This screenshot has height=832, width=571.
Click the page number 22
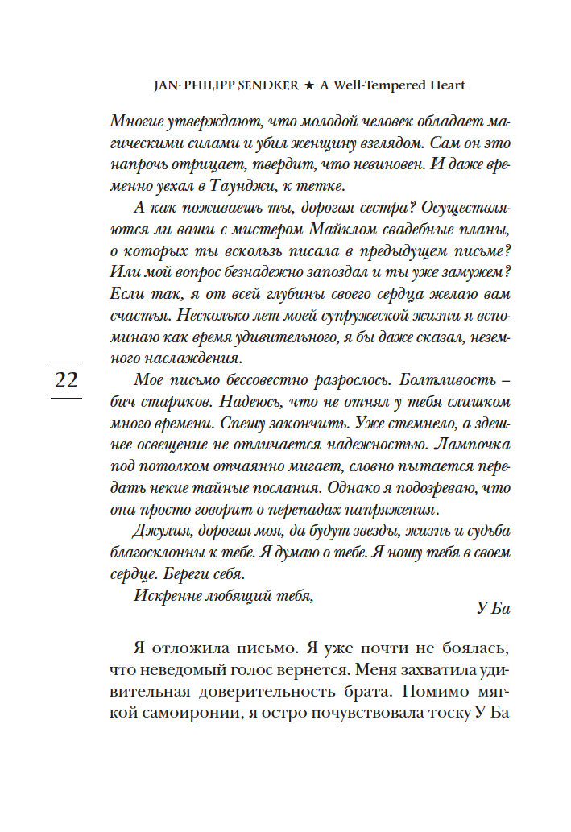[x=67, y=380]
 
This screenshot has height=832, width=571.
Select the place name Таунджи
[x=254, y=186]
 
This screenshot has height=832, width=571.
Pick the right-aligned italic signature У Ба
[x=494, y=608]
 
